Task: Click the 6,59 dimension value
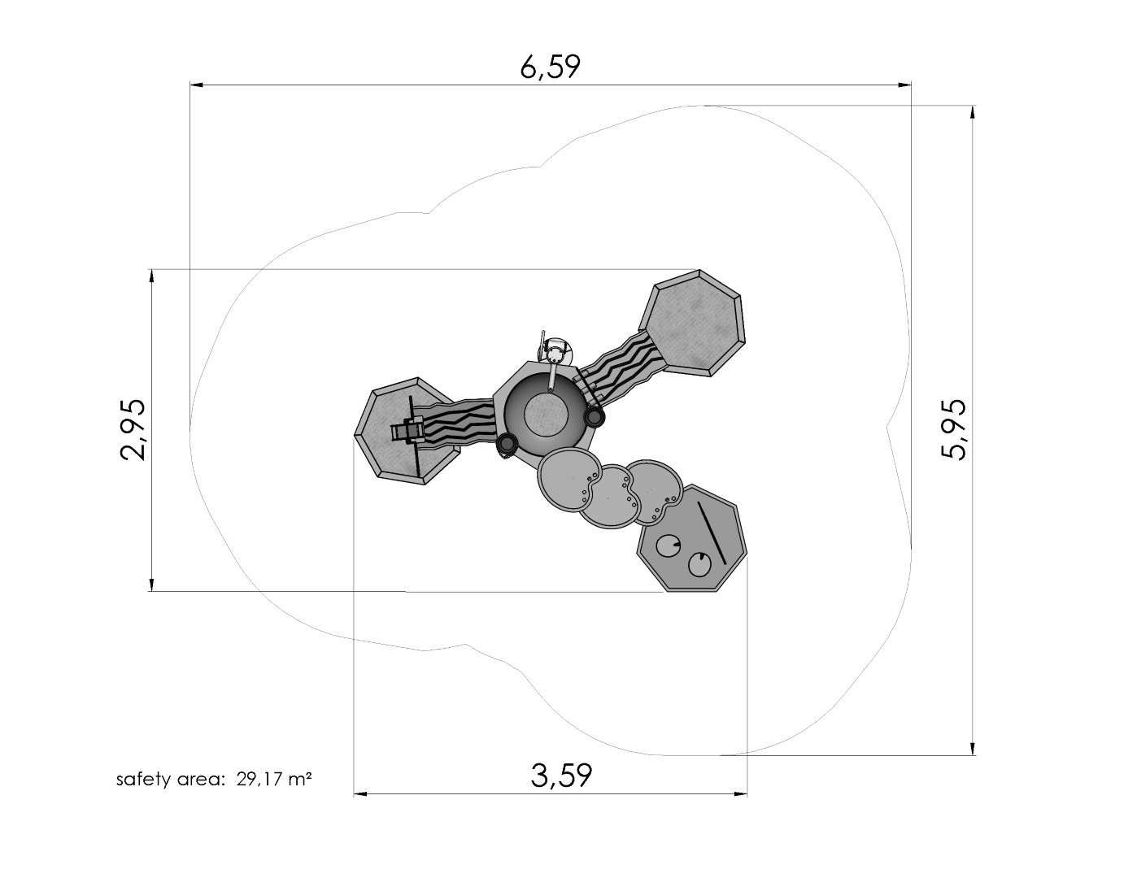pos(550,67)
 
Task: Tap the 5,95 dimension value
pos(954,430)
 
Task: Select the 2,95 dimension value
pos(133,429)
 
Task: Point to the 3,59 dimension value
pos(561,775)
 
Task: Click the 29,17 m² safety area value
pos(274,780)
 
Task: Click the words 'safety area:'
pos(170,780)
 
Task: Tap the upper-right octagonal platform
pos(692,322)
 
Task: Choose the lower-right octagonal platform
pos(693,539)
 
